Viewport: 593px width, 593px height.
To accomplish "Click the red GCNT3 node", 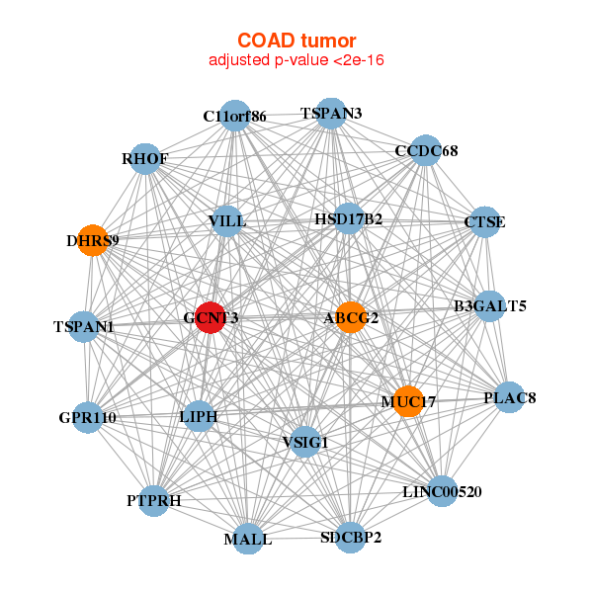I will [x=210, y=317].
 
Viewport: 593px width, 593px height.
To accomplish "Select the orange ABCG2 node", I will [x=351, y=317].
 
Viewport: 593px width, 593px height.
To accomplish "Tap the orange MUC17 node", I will [x=407, y=401].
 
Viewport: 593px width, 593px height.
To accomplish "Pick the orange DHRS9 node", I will [x=92, y=240].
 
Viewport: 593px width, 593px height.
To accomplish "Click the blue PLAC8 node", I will [x=509, y=397].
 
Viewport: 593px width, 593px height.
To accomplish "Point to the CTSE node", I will [x=484, y=222].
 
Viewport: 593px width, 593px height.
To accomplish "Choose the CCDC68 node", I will [x=425, y=151].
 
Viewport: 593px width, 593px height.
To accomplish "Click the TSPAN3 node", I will [x=332, y=114].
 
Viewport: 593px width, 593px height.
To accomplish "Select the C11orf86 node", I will [x=234, y=116].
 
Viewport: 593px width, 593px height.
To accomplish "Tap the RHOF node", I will [x=145, y=158].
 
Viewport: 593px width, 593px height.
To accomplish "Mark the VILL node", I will [x=227, y=220].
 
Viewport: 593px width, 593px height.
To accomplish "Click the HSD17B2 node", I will [x=348, y=218].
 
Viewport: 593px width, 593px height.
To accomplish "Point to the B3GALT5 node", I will [x=489, y=306].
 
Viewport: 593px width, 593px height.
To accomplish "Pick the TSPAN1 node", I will [x=84, y=326].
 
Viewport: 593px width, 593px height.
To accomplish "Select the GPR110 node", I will [x=87, y=418].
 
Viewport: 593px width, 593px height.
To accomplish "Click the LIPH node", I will [x=198, y=417].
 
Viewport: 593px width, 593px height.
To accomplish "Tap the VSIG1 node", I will [x=304, y=442].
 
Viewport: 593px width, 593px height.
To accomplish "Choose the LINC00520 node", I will [x=442, y=491].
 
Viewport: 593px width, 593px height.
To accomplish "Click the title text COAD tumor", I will [x=296, y=41].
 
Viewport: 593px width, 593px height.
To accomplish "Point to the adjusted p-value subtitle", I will [x=296, y=60].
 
